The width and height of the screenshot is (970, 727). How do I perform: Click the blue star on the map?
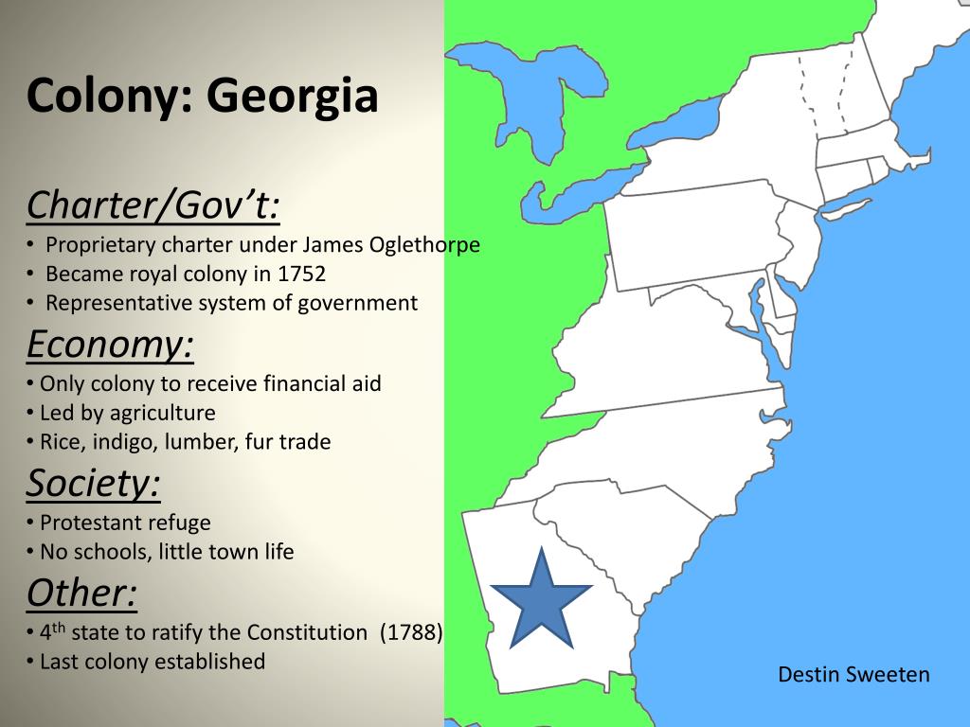tap(541, 600)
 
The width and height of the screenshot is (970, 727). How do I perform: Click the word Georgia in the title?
tap(293, 96)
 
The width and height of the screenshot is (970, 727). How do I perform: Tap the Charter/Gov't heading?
tap(153, 204)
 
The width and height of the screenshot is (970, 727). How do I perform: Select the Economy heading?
tap(110, 345)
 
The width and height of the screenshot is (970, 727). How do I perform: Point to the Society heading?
tap(93, 483)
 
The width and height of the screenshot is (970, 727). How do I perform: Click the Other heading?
tap(81, 593)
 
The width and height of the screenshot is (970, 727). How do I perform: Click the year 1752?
tap(302, 275)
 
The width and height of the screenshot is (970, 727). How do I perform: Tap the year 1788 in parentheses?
tap(411, 632)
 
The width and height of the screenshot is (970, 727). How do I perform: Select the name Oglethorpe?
tap(424, 245)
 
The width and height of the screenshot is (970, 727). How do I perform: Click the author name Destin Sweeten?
tap(853, 674)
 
